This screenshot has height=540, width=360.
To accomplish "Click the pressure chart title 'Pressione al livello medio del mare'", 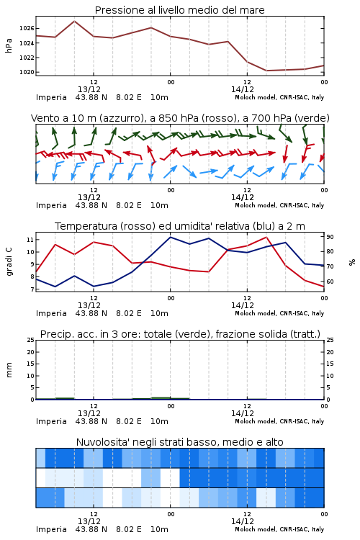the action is pyautogui.click(x=179, y=10).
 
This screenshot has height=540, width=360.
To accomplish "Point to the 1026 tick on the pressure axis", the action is pyautogui.click(x=27, y=28).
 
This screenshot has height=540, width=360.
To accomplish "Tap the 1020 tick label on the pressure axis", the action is pyautogui.click(x=27, y=72).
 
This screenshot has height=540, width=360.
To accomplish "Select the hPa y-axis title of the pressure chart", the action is pyautogui.click(x=9, y=45).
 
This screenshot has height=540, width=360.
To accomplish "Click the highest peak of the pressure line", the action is pyautogui.click(x=74, y=21).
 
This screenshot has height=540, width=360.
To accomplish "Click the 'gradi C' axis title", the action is pyautogui.click(x=9, y=261).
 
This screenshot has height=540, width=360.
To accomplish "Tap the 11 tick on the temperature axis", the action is pyautogui.click(x=30, y=239).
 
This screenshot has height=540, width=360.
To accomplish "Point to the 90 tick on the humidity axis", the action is pyautogui.click(x=330, y=237).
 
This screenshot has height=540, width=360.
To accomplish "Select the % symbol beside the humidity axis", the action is pyautogui.click(x=352, y=262).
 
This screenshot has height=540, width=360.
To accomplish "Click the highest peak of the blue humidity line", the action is pyautogui.click(x=171, y=237).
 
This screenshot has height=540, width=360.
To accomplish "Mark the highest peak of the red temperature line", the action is pyautogui.click(x=266, y=237).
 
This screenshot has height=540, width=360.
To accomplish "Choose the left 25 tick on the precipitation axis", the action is pyautogui.click(x=30, y=340).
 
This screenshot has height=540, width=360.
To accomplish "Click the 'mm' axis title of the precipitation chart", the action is pyautogui.click(x=9, y=369).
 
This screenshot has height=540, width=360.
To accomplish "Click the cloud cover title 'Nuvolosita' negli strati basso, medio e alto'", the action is pyautogui.click(x=179, y=442).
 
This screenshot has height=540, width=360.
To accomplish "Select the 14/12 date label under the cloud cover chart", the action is pyautogui.click(x=242, y=521).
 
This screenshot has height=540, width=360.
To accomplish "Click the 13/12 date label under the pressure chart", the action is pyautogui.click(x=89, y=89).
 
